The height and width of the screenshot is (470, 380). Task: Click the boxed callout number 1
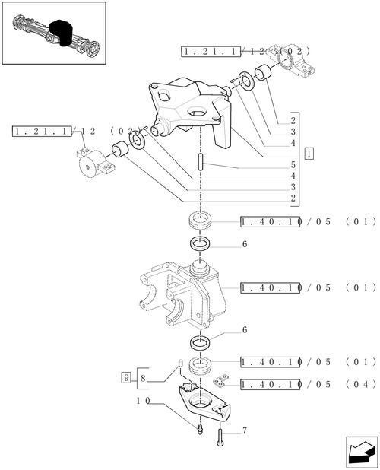[x=309, y=154]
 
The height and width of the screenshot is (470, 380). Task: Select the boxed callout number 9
[x=126, y=377]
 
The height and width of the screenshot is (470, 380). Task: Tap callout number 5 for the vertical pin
[x=293, y=164]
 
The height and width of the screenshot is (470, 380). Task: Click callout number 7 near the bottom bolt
[x=245, y=430]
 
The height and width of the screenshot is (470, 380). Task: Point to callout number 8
[x=143, y=378]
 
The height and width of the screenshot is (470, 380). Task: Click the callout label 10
[x=143, y=401]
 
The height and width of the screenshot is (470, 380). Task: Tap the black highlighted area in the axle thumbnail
[x=62, y=33]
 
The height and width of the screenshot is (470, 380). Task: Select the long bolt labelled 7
[x=220, y=437]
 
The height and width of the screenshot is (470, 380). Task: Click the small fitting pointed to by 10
[x=201, y=430]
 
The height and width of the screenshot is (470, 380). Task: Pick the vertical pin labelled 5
[x=200, y=162]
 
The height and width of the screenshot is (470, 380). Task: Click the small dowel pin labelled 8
[x=180, y=363]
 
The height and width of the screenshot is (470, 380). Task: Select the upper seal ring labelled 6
[x=200, y=243]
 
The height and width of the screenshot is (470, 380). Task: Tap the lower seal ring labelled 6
[x=200, y=342]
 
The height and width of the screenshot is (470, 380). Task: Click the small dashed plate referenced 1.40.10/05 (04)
[x=220, y=381]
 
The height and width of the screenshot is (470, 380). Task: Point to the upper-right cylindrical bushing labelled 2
[x=263, y=72]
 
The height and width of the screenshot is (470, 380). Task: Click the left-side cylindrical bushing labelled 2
[x=120, y=148]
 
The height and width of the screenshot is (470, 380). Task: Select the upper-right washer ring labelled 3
[x=247, y=81]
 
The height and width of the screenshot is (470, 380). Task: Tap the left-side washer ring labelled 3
[x=138, y=140]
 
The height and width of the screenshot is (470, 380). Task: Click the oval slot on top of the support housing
[x=197, y=112]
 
